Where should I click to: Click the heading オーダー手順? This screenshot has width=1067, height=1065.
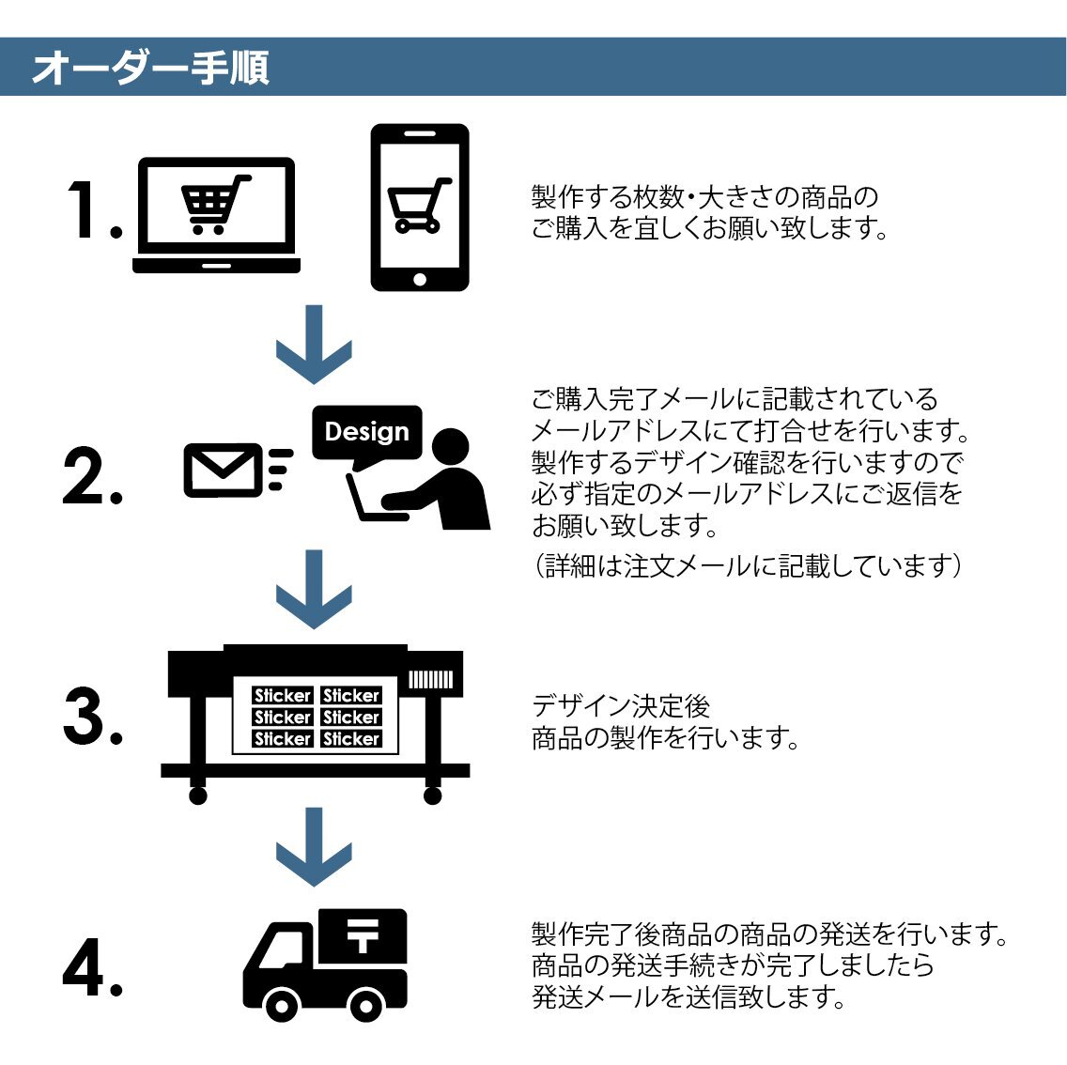coord(150,68)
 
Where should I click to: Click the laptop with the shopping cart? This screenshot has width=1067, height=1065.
coord(217,215)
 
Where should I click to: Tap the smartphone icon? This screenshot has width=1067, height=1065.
coord(420,208)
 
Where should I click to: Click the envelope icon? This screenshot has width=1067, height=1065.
coord(222,469)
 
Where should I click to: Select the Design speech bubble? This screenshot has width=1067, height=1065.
coord(366,433)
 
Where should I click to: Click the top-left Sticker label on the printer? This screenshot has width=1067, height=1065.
coord(282,696)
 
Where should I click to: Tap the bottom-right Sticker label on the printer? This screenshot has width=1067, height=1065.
coord(351,739)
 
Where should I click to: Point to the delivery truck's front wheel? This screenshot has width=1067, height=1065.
coord(281,1006)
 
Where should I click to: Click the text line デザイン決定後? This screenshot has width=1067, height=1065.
coord(621,706)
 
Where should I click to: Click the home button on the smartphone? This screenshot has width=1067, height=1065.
coord(420,279)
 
